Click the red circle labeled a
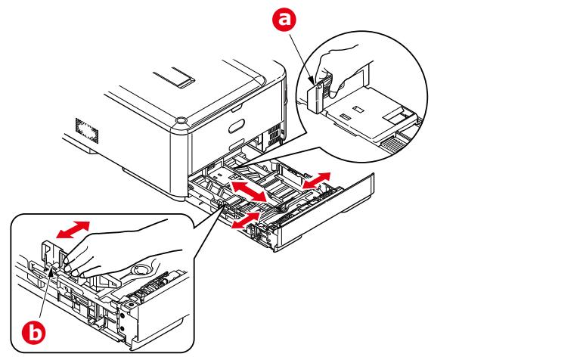(285, 22)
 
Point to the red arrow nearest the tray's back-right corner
(316, 180)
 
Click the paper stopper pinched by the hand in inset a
(318, 93)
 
